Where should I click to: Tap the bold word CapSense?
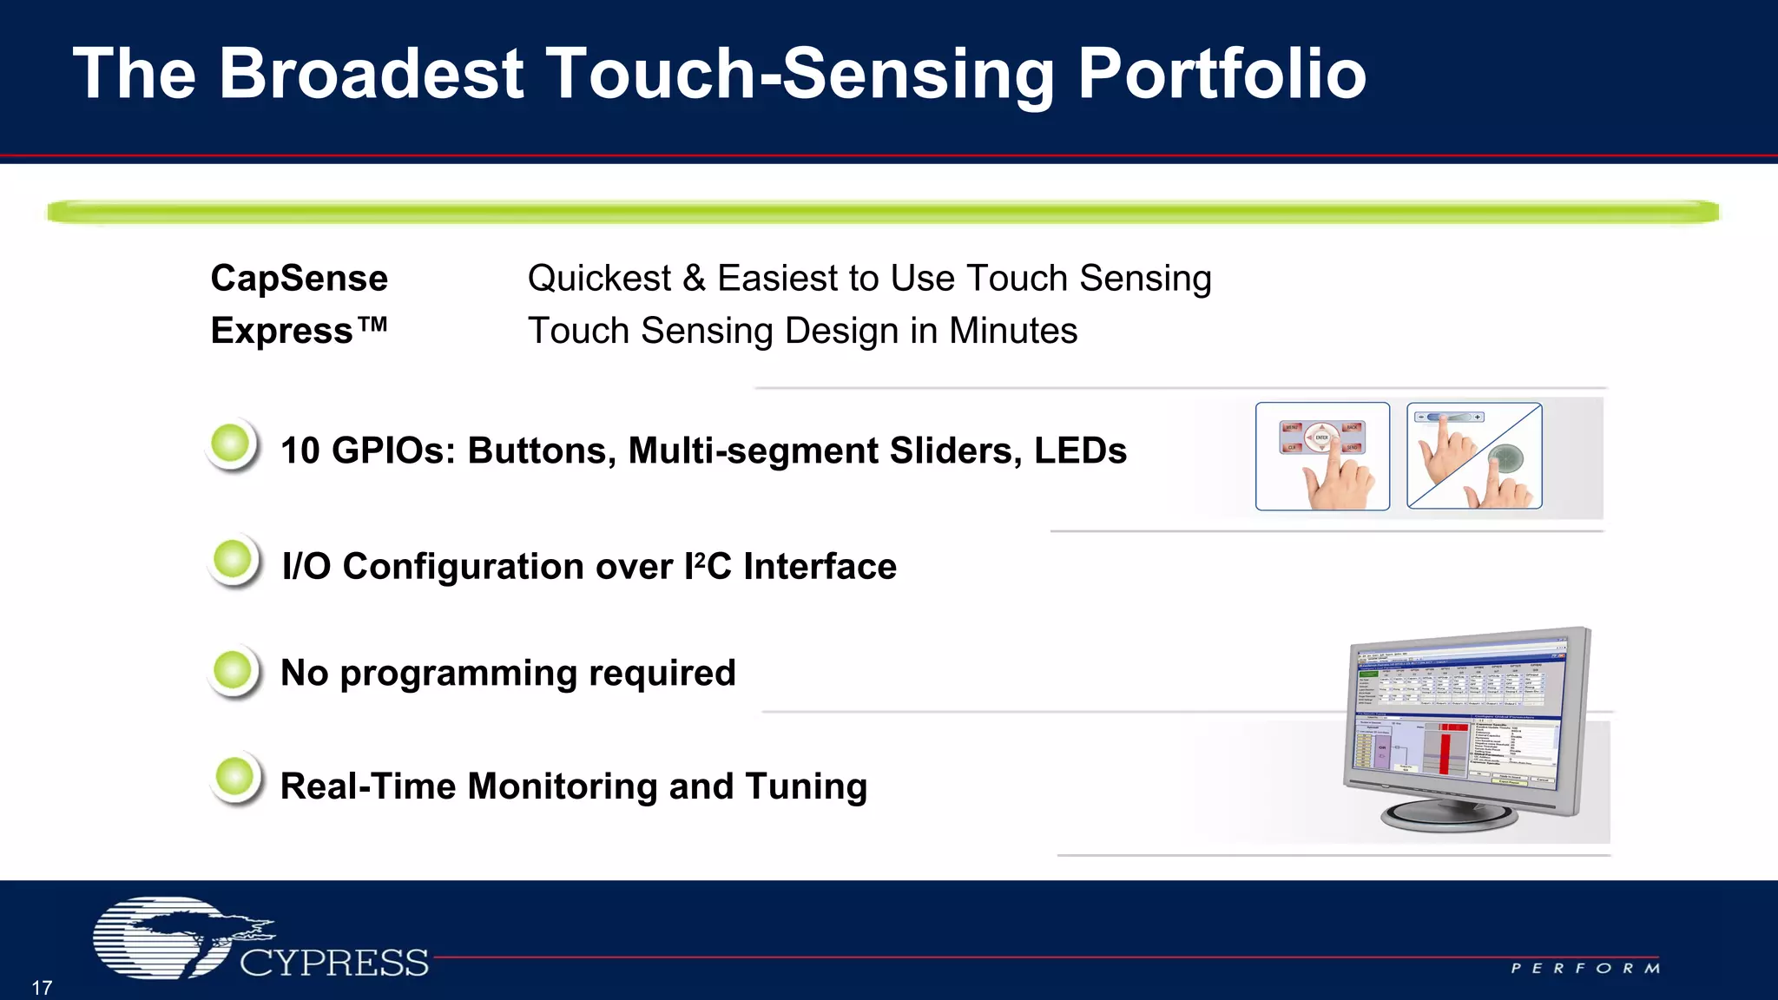point(299,279)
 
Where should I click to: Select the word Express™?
point(299,331)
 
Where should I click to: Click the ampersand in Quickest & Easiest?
point(694,279)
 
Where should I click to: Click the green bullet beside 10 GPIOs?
point(232,444)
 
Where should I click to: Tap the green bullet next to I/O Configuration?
point(233,560)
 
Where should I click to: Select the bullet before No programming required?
point(233,670)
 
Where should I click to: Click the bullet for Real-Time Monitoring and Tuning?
point(234,778)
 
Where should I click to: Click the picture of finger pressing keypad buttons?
point(1321,457)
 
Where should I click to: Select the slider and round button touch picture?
point(1474,457)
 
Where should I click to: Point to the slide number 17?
point(42,988)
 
